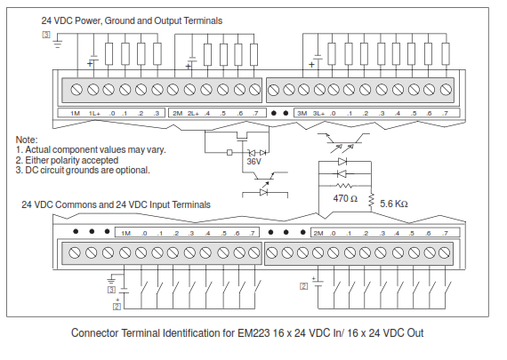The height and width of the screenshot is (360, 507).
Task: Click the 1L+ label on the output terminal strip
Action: tap(94, 114)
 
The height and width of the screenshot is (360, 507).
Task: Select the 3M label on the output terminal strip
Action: tap(302, 114)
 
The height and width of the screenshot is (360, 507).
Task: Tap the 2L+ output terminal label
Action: tap(193, 114)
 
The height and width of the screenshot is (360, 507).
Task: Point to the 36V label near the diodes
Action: tap(253, 161)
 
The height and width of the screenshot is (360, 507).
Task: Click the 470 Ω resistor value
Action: tap(345, 198)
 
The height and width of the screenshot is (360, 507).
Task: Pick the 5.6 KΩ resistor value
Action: tap(394, 204)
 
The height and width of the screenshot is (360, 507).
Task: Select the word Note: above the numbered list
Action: tap(27, 140)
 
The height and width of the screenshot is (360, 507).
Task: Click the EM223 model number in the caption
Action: tap(253, 332)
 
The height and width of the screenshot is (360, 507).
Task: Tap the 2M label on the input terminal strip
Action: tap(318, 233)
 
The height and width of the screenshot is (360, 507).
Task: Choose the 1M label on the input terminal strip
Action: tap(125, 233)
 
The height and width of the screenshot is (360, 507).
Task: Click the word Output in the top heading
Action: tap(168, 20)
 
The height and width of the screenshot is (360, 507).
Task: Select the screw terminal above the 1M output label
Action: tap(76, 90)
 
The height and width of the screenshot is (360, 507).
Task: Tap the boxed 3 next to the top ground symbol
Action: tap(46, 35)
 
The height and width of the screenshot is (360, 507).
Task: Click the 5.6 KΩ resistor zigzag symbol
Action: tap(371, 200)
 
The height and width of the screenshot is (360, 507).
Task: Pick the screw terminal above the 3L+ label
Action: tap(319, 90)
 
